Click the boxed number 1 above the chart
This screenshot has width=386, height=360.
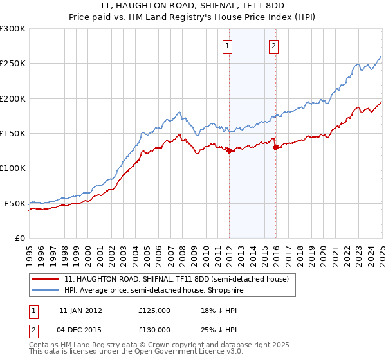(228, 46)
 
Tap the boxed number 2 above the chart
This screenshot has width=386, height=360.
(273, 46)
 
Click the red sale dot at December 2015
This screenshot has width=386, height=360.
(275, 147)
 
